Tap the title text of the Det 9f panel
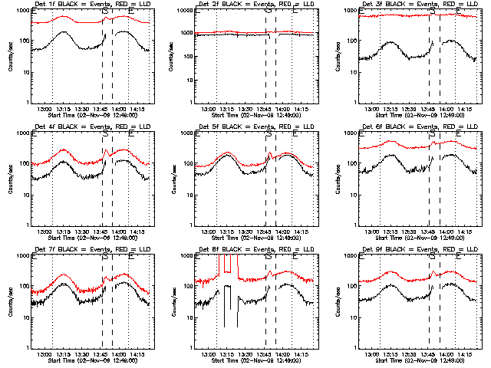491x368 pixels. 410,250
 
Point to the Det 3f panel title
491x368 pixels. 410,5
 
